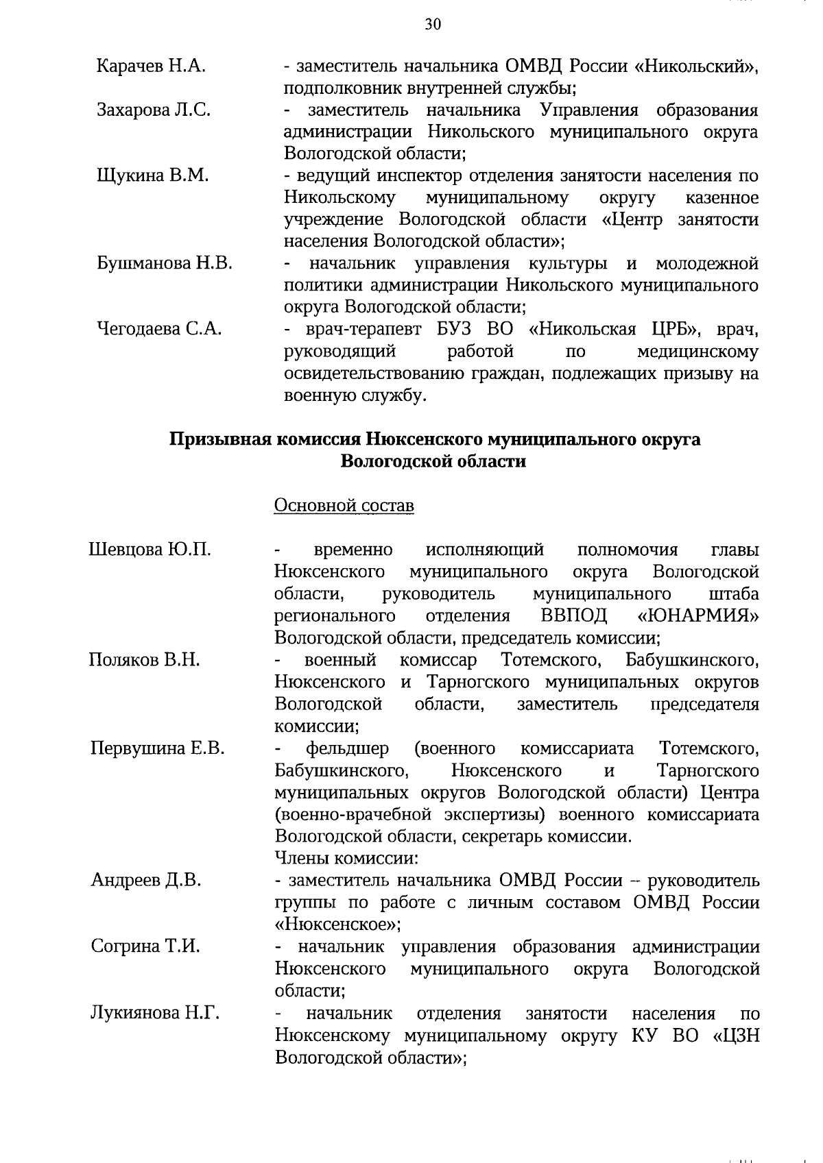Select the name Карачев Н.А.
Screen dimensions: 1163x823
pyautogui.click(x=151, y=66)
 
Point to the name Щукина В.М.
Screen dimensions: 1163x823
pyautogui.click(x=152, y=175)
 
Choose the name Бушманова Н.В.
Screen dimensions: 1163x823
pyautogui.click(x=164, y=263)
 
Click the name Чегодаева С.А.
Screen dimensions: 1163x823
pyautogui.click(x=159, y=329)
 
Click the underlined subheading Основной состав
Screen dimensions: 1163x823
pyautogui.click(x=344, y=506)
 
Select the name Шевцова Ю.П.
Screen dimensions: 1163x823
pyautogui.click(x=150, y=550)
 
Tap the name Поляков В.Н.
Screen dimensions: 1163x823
pyautogui.click(x=144, y=660)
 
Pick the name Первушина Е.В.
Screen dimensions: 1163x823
pyautogui.click(x=158, y=748)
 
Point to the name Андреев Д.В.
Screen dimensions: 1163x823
pyautogui.click(x=146, y=880)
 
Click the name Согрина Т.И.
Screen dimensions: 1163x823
pyautogui.click(x=145, y=946)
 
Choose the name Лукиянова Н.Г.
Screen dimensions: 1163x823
pyautogui.click(x=155, y=1013)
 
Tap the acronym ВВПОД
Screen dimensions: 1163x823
pyautogui.click(x=573, y=615)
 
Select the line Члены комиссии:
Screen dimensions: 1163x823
pyautogui.click(x=346, y=858)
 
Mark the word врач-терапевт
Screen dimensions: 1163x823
pyautogui.click(x=363, y=329)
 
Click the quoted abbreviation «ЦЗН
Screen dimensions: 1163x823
pyautogui.click(x=737, y=1035)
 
